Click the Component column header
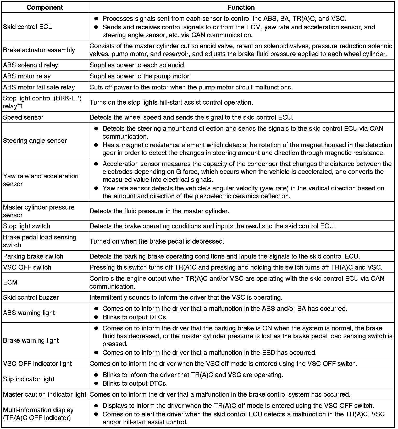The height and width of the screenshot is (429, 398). [45, 7]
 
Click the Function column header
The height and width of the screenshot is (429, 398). [241, 7]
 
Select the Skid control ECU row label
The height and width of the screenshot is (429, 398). [28, 27]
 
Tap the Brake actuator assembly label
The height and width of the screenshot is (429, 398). [39, 50]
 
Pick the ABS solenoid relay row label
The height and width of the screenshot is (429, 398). [31, 65]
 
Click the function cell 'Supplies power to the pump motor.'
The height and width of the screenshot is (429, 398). [140, 76]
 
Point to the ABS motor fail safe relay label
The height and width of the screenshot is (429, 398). [39, 87]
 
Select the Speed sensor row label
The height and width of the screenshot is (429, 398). [23, 117]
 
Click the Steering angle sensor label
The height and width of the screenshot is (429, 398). [35, 141]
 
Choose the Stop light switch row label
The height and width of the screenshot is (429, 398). [26, 226]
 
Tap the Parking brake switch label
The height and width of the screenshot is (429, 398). [33, 256]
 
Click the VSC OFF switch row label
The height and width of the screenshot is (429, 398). [27, 267]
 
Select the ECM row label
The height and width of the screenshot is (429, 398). [10, 282]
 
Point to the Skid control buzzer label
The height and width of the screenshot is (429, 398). [31, 297]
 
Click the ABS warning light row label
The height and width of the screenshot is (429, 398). [29, 313]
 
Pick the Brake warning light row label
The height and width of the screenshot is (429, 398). [31, 340]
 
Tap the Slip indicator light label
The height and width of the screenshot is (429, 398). [29, 379]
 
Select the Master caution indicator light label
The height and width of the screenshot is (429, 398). [45, 394]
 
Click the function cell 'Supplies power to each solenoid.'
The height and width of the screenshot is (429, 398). [137, 65]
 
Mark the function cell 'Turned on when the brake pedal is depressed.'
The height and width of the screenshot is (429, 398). [157, 241]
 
